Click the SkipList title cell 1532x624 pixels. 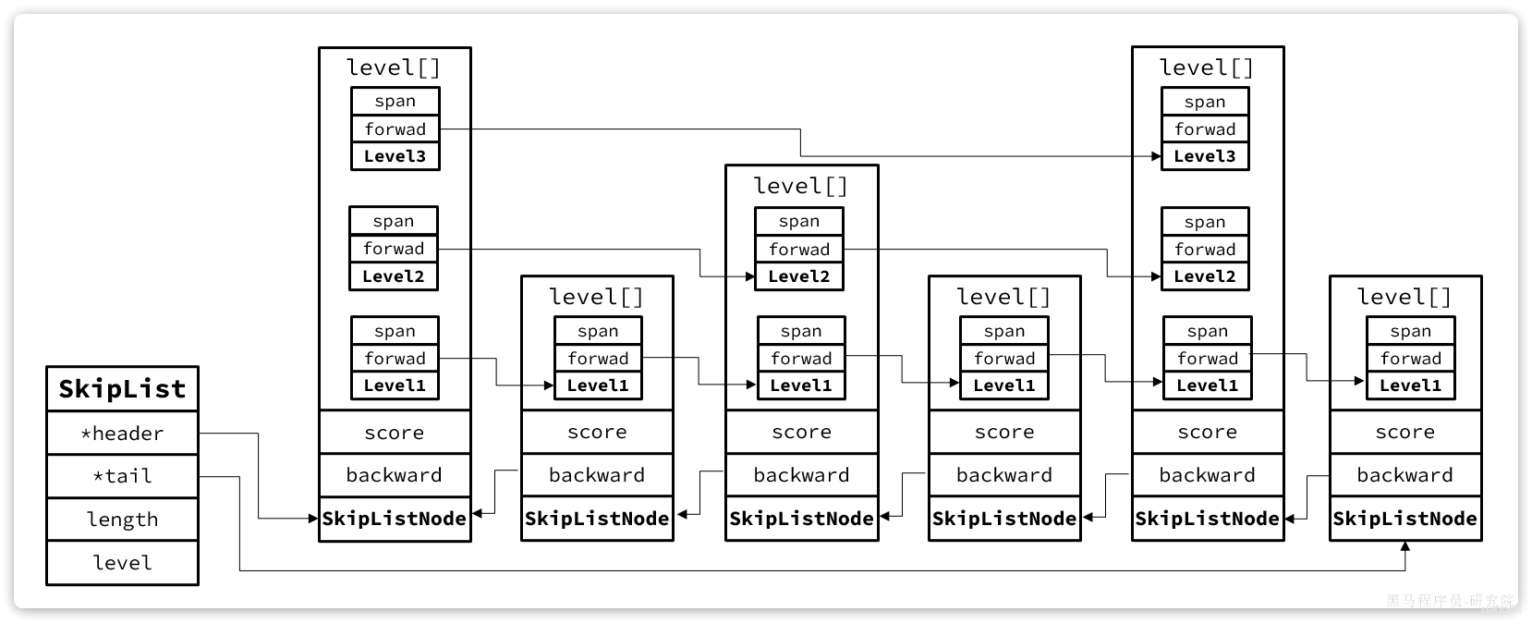tap(122, 388)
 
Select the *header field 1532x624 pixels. tap(122, 434)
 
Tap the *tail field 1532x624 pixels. tap(122, 476)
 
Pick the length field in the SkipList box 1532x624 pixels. tap(122, 520)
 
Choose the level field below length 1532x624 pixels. tap(122, 562)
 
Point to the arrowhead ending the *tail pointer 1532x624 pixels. tap(1404, 546)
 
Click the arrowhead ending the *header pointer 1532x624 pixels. tap(313, 519)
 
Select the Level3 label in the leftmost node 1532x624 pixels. tap(395, 156)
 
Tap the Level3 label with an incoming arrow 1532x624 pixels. tap(1204, 156)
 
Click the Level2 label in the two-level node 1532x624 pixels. tap(799, 276)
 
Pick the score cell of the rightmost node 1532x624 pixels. tap(1405, 432)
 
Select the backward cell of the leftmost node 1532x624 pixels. tap(395, 475)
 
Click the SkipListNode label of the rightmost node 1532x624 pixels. tap(1404, 519)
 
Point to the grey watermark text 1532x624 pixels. tap(1450, 601)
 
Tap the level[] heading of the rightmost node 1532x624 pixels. tap(1404, 297)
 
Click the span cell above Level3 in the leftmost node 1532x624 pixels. tap(395, 102)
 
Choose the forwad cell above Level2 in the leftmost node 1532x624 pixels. tap(394, 249)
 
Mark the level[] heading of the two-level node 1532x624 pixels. tap(800, 186)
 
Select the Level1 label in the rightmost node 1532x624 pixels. tap(1410, 385)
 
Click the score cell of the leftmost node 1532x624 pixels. tap(395, 433)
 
